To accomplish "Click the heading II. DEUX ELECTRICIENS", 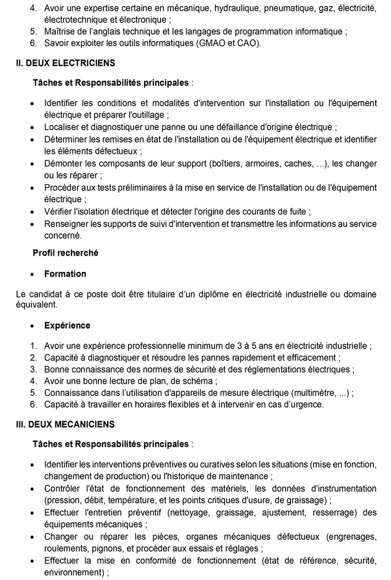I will click(x=65, y=63).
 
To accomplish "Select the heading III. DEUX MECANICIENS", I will click(x=65, y=424).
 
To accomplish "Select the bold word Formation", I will click(x=65, y=274).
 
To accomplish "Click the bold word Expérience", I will click(x=67, y=325).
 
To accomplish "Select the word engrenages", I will click(x=353, y=537).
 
